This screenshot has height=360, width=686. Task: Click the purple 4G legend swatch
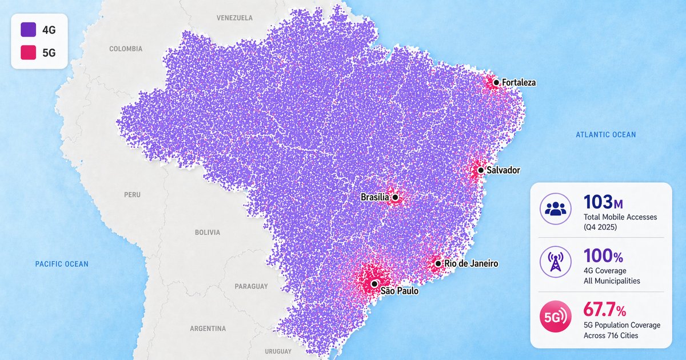(28, 30)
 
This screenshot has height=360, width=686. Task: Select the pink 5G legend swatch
(28, 53)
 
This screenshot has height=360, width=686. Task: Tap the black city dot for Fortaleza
(496, 83)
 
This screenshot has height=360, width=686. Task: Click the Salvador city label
(503, 170)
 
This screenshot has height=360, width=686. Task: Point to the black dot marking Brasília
(395, 198)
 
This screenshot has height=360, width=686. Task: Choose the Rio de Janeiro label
(471, 264)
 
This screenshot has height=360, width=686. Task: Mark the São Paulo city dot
(374, 283)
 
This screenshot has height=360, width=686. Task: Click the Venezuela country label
(234, 18)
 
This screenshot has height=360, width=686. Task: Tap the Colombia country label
(126, 49)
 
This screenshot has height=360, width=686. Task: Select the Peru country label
(132, 195)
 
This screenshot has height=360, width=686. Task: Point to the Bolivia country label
(207, 233)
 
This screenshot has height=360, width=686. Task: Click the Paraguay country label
(251, 286)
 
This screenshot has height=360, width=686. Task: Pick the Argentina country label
(208, 329)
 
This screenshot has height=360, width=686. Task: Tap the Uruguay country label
(278, 351)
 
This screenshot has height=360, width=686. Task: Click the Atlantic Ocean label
(605, 135)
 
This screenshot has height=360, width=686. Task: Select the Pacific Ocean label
(62, 264)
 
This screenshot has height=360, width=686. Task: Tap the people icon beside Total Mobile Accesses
(555, 209)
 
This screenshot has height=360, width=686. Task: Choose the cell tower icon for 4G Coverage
(555, 262)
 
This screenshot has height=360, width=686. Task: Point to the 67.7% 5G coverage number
(604, 310)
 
